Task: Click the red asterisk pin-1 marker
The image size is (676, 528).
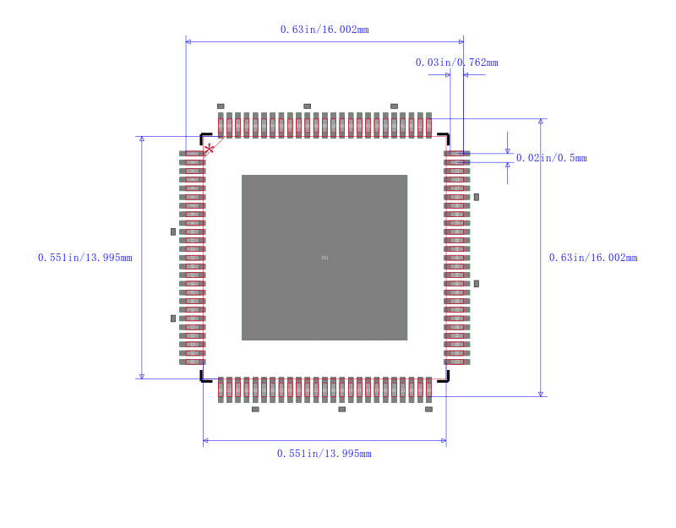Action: (209, 148)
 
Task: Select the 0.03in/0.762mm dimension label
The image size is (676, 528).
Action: (456, 63)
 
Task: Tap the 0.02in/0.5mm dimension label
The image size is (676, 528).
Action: (551, 158)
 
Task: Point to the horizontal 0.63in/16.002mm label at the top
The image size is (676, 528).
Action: (324, 30)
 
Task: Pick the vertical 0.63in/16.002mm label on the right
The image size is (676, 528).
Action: (593, 258)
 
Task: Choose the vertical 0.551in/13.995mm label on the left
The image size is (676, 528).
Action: (84, 258)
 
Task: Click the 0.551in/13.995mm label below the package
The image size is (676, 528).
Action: (324, 454)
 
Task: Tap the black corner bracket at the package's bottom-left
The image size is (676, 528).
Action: (204, 378)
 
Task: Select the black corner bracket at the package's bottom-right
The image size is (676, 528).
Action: (444, 378)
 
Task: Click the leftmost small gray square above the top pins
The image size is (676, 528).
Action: (221, 106)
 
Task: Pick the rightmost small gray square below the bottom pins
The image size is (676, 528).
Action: (428, 409)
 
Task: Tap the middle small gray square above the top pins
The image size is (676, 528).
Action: (307, 106)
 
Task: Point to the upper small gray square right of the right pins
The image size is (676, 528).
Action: (477, 197)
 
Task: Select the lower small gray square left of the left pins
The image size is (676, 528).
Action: (173, 318)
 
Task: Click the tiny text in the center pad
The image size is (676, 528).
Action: (324, 258)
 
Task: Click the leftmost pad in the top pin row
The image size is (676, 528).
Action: (221, 126)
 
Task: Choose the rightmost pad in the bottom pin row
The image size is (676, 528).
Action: (428, 389)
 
